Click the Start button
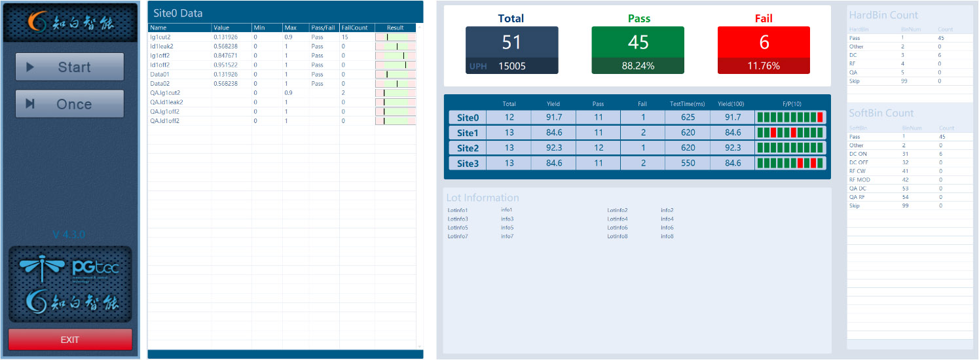tap(69, 67)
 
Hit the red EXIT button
tap(70, 340)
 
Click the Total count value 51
tap(511, 42)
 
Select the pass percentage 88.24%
tap(638, 65)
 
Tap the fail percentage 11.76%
tap(764, 65)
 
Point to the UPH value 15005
tap(512, 65)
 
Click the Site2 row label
tap(468, 148)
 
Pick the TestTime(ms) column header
tap(688, 104)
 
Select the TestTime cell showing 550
tap(688, 163)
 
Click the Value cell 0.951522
tap(227, 65)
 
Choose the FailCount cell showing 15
tap(345, 37)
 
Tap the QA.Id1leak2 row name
tap(167, 102)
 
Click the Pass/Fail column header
tap(323, 28)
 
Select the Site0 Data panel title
tap(178, 13)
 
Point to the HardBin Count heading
tap(883, 15)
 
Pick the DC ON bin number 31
tap(904, 154)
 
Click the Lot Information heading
tap(483, 198)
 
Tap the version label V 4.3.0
tap(69, 234)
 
